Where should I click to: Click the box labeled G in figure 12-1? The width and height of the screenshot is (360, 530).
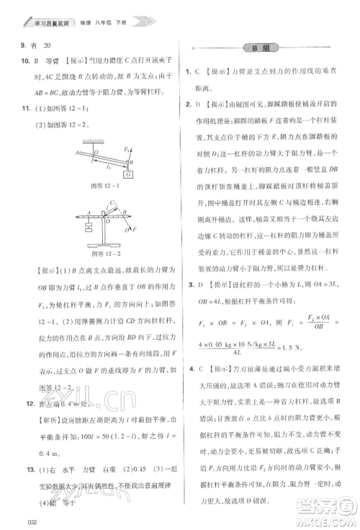pos(127,174)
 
